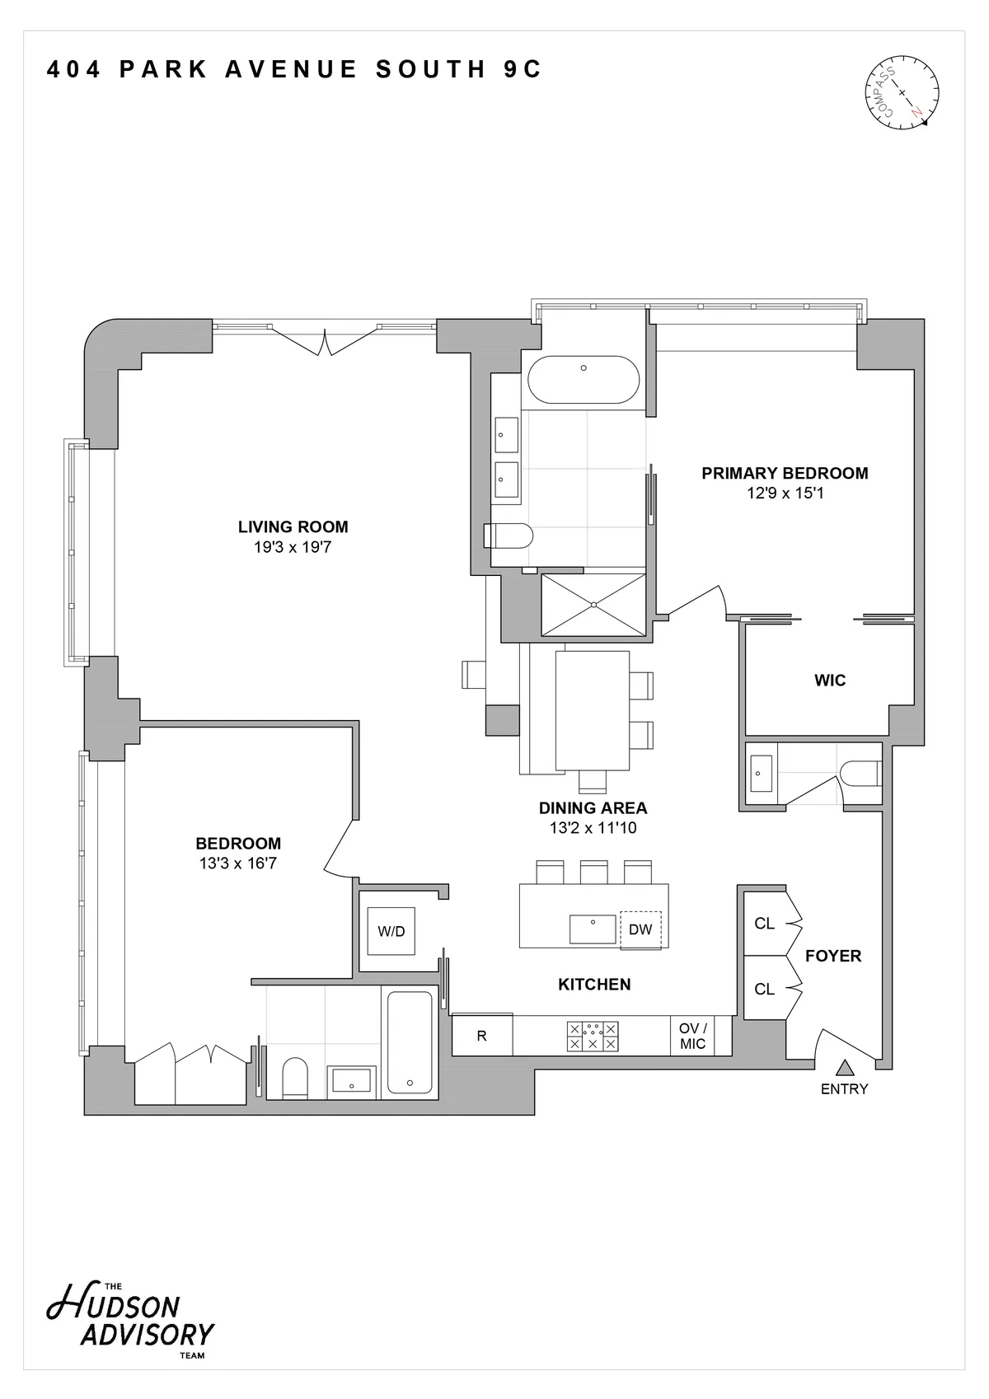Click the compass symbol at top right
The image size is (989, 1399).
coord(902,91)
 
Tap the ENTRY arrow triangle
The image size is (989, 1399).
coord(843,1069)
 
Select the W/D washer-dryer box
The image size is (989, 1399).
coord(391,931)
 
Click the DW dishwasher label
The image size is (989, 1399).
coord(640,929)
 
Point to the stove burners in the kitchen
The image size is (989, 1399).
coord(593,1036)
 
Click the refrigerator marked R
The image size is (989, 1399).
coord(482,1036)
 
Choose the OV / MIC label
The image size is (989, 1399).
coord(692,1036)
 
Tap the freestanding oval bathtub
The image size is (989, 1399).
coord(584,379)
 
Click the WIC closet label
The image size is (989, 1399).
coord(830,681)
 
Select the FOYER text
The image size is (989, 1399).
coord(833,956)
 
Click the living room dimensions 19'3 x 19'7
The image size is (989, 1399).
coord(293,547)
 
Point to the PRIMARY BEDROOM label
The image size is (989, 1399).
coord(785,473)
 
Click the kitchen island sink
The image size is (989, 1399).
coord(593,929)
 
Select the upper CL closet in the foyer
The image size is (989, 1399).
coord(765,924)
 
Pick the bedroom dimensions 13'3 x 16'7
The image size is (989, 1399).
coord(238,863)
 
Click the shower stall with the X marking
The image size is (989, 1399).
coord(593,605)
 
